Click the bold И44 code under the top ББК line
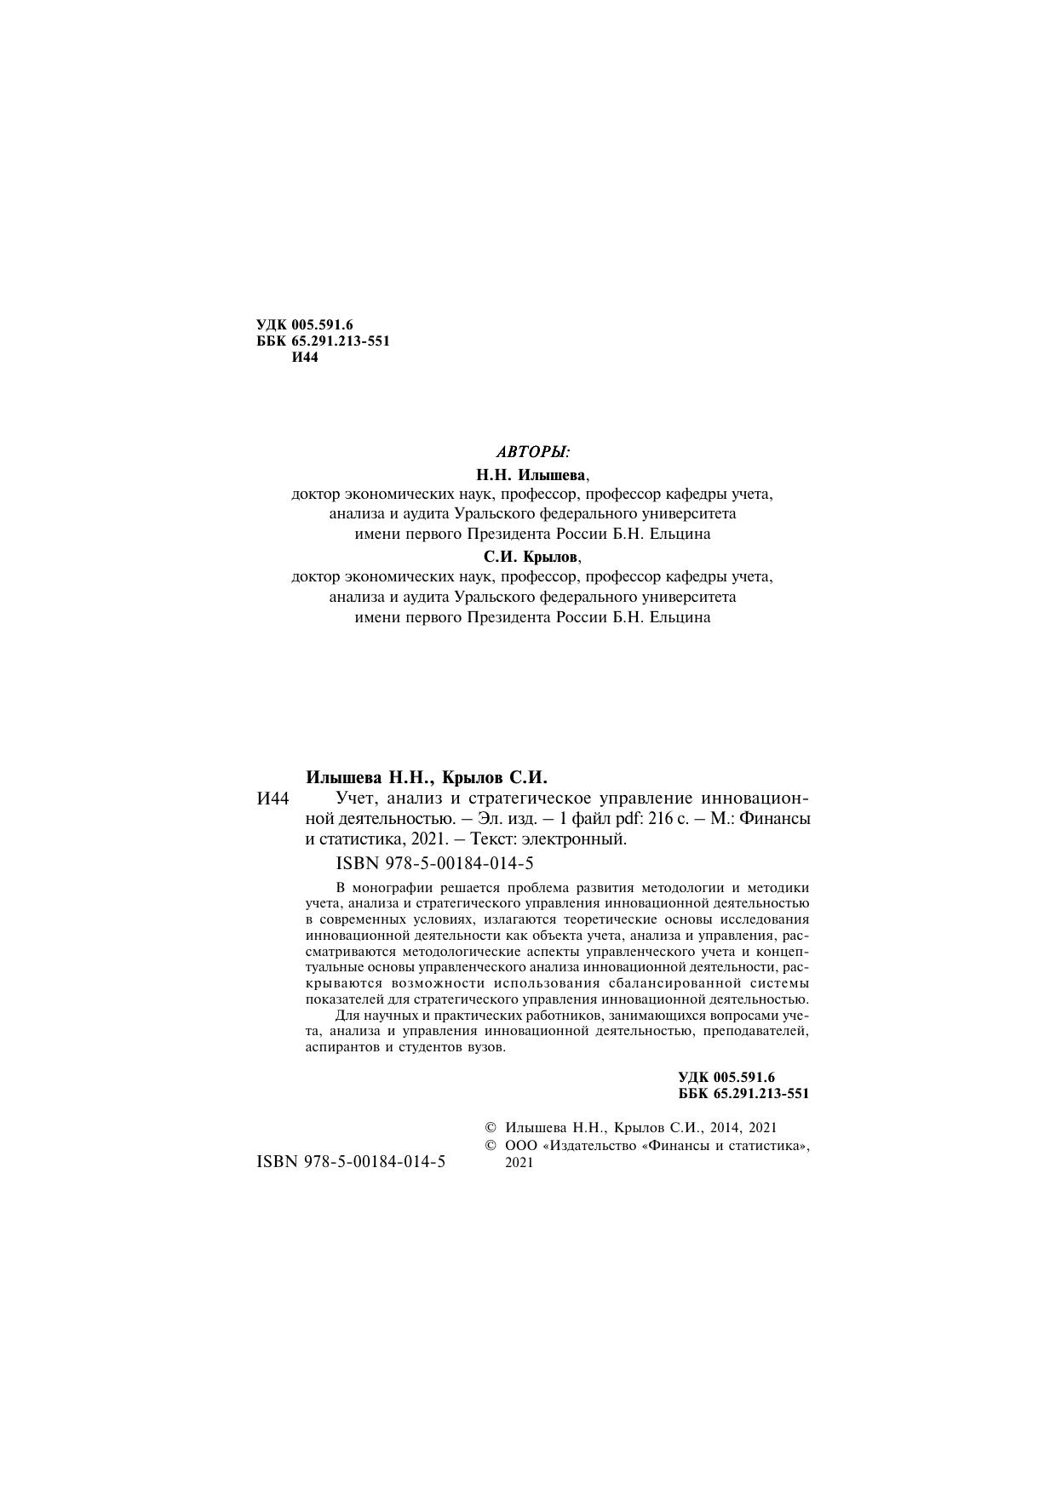tap(305, 358)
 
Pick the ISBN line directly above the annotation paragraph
tap(435, 863)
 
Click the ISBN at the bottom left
tap(351, 1161)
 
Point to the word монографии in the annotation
tap(388, 888)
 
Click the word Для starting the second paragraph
tap(348, 1016)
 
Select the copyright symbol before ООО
tap(491, 1146)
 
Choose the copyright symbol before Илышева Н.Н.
tap(491, 1127)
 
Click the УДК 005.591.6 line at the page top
tap(304, 324)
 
